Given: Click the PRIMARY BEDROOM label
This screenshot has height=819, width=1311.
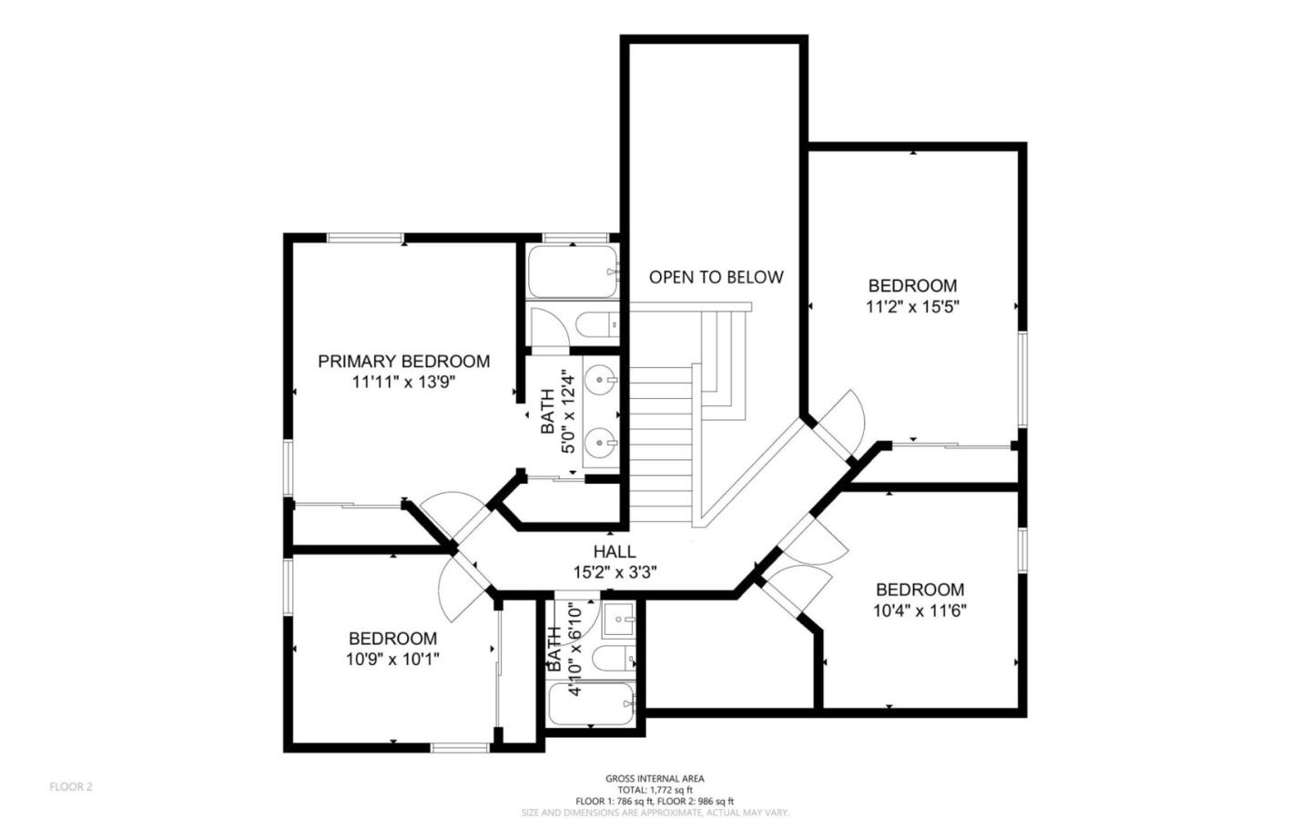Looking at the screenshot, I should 403,362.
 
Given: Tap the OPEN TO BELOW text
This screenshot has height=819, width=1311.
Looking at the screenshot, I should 716,277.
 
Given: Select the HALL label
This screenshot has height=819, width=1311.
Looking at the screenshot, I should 615,551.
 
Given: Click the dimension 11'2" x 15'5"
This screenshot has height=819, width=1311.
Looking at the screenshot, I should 912,307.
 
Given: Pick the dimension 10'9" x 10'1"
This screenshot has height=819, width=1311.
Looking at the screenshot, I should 392,660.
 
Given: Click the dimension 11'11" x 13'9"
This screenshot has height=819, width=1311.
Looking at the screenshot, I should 403,383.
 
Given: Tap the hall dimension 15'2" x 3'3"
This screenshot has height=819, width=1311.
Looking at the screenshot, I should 615,572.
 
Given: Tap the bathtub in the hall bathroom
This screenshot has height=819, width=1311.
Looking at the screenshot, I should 593,704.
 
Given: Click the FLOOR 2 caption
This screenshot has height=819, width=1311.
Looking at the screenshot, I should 71,786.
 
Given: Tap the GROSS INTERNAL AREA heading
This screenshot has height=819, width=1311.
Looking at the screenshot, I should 655,779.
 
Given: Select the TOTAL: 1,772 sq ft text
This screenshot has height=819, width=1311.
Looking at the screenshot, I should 655,790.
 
